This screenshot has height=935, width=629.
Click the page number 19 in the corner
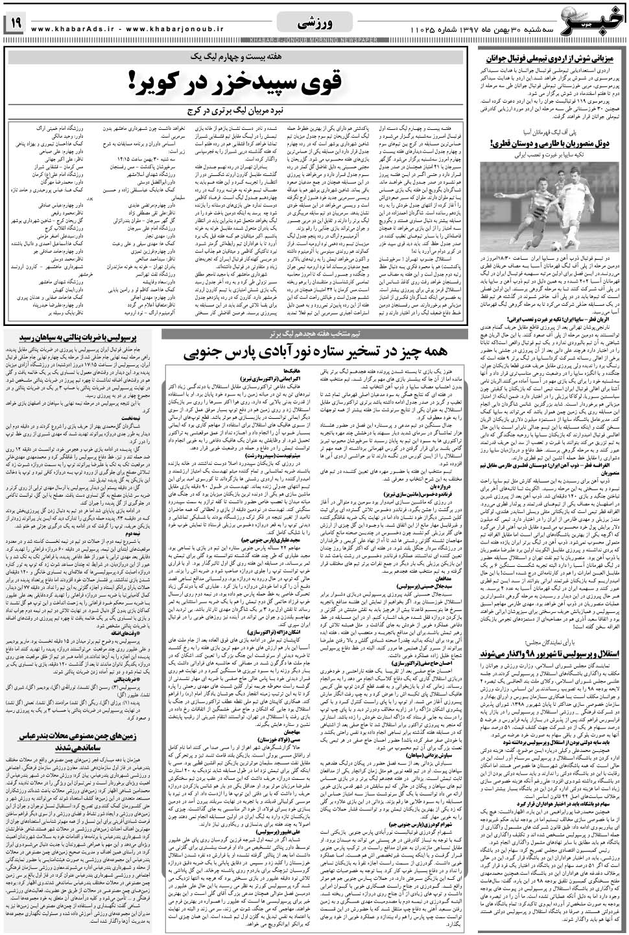(14, 23)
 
